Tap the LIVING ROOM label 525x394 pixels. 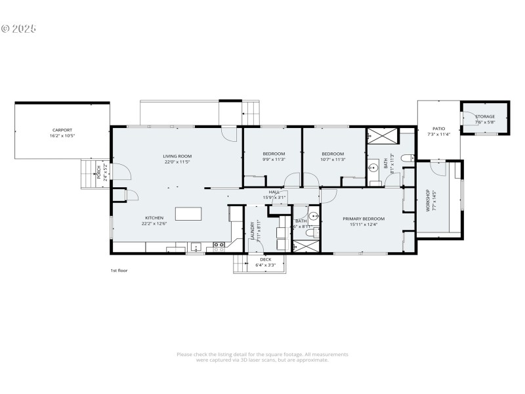177,156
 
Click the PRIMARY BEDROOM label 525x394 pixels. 363,218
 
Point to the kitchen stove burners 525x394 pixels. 219,246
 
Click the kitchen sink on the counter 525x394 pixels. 195,248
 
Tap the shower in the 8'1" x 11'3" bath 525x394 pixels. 381,136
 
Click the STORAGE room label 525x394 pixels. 485,116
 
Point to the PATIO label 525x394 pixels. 438,129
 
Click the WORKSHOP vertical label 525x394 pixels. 427,200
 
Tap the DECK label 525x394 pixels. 265,259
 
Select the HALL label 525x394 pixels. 274,192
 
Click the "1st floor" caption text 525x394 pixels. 119,270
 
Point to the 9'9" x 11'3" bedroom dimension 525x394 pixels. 274,160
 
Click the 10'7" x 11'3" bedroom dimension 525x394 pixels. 333,160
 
